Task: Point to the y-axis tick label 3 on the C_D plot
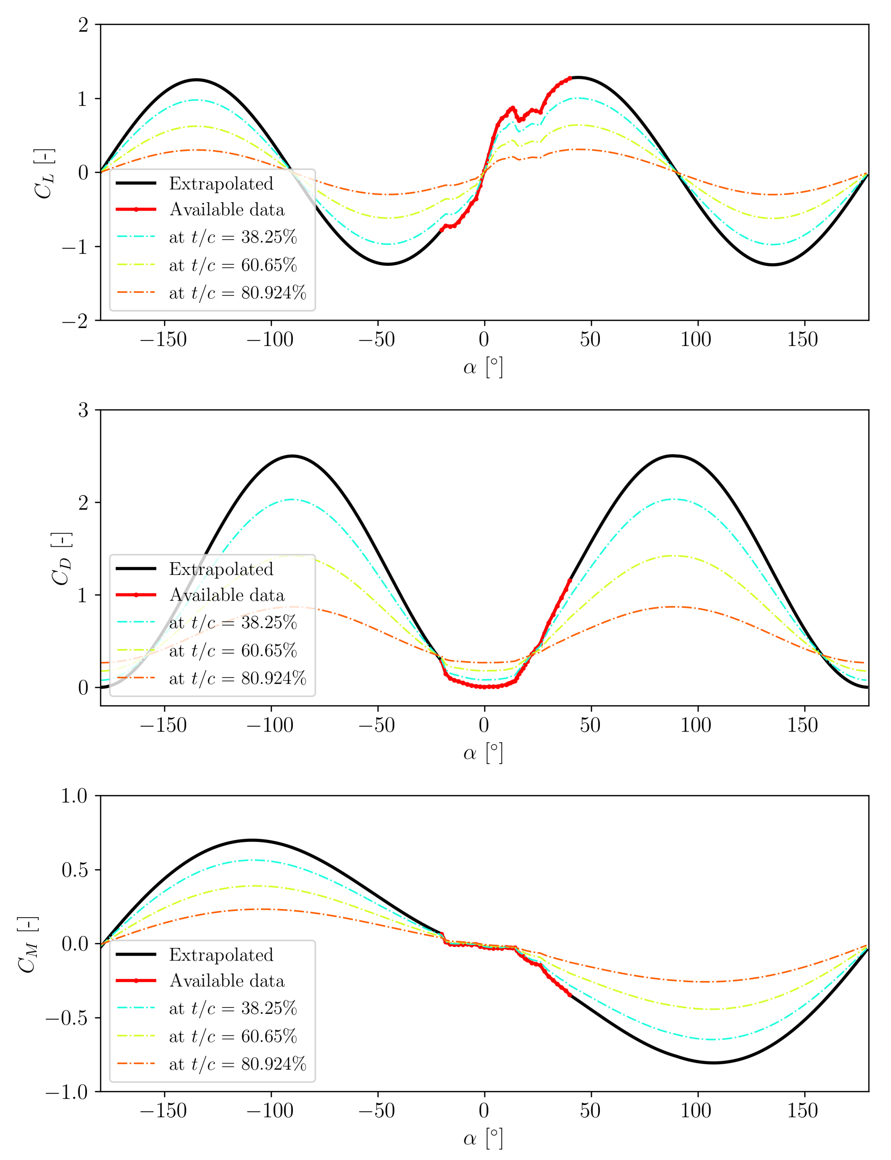pos(83,410)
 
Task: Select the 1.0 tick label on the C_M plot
pos(74,796)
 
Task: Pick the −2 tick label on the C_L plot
pos(75,321)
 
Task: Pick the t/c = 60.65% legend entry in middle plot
pos(232,651)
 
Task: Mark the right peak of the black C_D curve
pos(674,456)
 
